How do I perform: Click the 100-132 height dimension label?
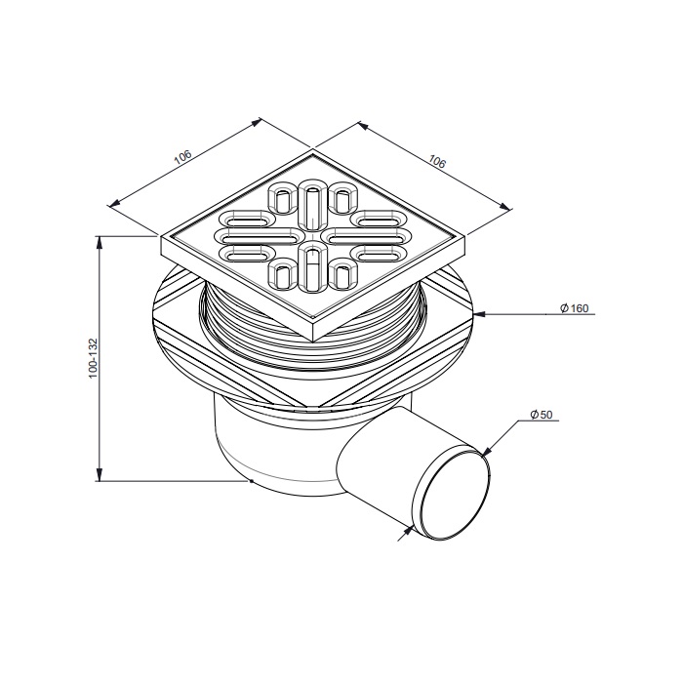pos(94,358)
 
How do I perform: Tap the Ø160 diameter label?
pos(574,308)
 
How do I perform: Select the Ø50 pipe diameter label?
pos(542,415)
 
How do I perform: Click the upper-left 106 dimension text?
pos(182,157)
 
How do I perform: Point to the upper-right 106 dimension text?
pos(437,161)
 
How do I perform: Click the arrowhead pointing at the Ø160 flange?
pos(480,314)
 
